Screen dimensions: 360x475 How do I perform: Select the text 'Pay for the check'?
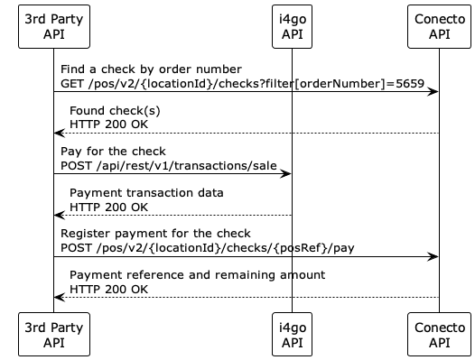click(x=113, y=152)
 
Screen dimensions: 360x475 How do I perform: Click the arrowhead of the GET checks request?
click(x=434, y=91)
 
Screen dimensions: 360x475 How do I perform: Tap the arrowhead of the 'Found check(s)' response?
click(x=59, y=133)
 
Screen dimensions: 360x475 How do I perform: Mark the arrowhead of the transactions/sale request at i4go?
click(x=286, y=173)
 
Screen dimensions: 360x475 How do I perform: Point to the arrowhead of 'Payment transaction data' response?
click(x=59, y=215)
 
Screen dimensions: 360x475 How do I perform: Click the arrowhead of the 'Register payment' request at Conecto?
click(x=434, y=256)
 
